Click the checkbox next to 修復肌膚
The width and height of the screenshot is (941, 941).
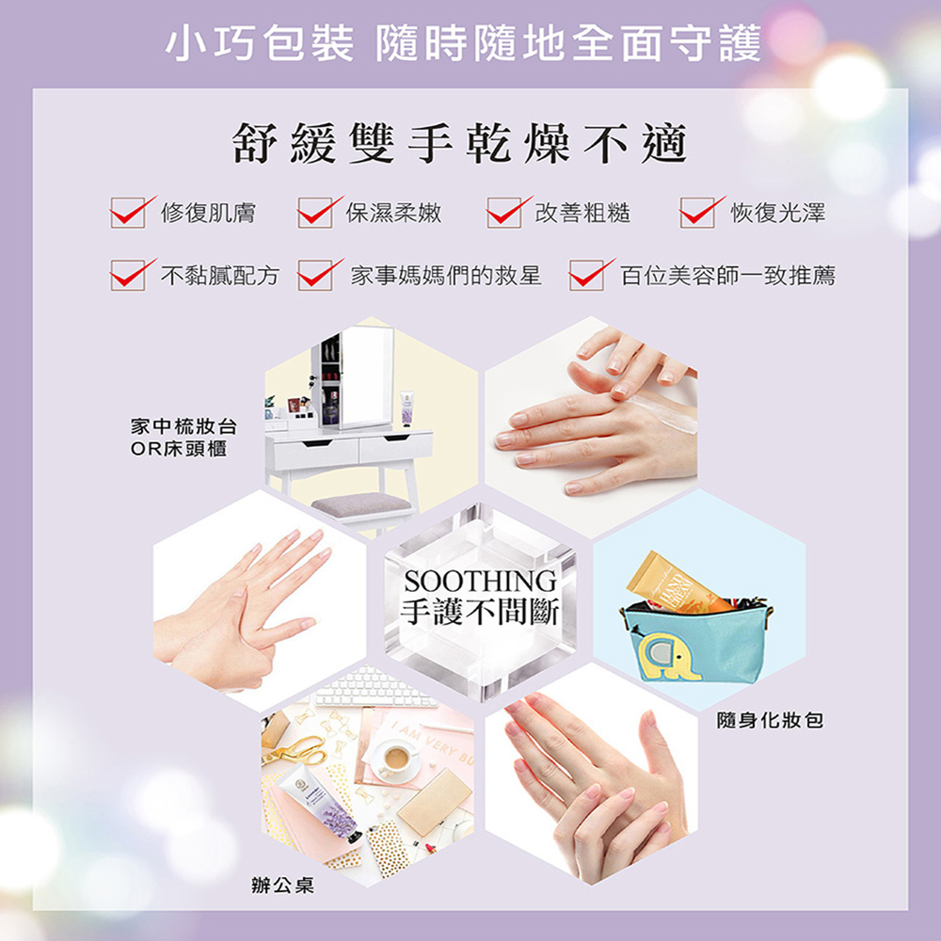(x=128, y=213)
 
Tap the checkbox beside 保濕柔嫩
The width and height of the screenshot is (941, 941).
(x=315, y=213)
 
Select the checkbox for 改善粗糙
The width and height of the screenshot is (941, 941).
(x=504, y=213)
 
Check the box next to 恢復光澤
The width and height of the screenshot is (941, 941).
(x=697, y=213)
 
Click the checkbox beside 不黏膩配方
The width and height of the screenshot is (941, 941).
(x=128, y=276)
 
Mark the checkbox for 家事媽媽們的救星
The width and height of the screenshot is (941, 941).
(x=315, y=276)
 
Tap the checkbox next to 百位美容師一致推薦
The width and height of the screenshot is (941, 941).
(x=586, y=276)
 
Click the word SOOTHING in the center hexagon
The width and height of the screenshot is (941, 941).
(x=480, y=581)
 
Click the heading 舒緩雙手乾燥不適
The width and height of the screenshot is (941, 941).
(x=460, y=144)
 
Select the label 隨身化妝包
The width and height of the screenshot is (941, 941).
(x=770, y=720)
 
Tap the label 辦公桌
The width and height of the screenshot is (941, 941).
(x=282, y=885)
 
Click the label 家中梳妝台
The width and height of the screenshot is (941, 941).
(x=183, y=426)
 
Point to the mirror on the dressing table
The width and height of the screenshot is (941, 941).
(x=366, y=376)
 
